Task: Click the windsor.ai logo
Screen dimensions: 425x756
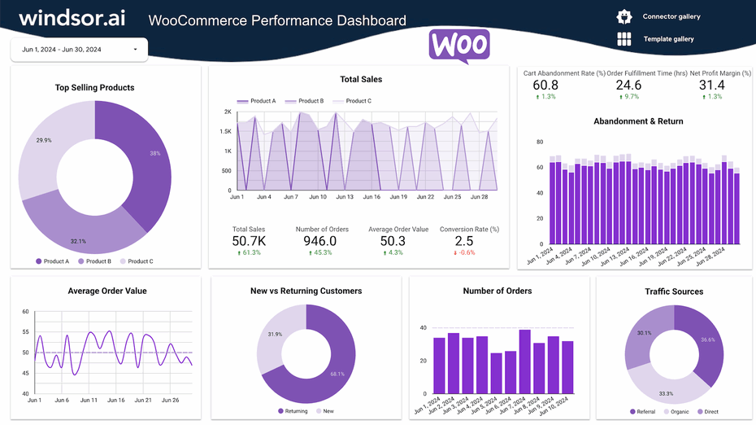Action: click(72, 18)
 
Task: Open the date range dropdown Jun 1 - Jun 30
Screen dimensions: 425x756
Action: click(79, 50)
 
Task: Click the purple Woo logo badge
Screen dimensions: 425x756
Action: click(459, 46)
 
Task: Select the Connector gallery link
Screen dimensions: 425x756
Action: click(671, 16)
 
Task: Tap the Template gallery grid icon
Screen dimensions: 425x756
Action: click(624, 39)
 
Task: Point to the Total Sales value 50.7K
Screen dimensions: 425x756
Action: click(249, 241)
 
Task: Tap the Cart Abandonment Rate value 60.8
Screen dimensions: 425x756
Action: click(545, 85)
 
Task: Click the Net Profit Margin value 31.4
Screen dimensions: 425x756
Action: click(711, 85)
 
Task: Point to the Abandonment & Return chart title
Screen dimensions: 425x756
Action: click(638, 121)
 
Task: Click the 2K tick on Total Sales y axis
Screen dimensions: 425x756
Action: click(228, 112)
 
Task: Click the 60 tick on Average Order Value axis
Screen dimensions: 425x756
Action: click(25, 312)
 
